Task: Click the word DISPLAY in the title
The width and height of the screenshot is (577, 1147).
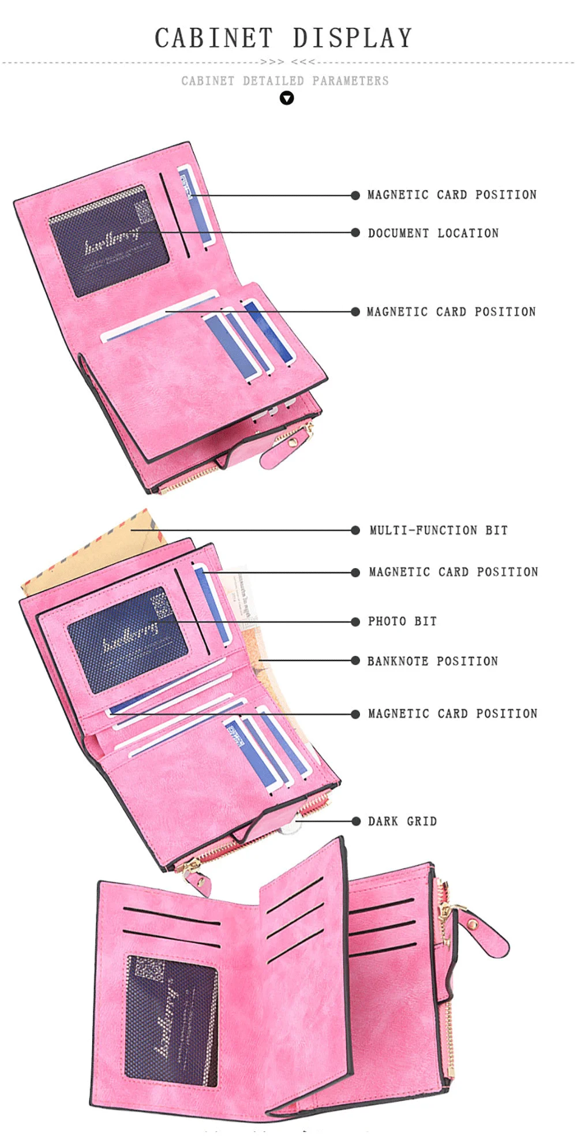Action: pos(352,38)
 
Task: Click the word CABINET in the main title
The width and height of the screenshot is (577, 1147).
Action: pos(213,38)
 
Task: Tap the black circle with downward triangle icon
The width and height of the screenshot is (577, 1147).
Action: pos(287,98)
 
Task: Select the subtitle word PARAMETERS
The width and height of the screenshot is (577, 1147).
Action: pos(350,81)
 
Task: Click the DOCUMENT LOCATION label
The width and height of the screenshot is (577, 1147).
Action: pos(433,233)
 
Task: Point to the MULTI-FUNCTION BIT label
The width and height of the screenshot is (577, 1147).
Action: pos(439,530)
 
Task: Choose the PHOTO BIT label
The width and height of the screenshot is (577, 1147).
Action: pos(402,622)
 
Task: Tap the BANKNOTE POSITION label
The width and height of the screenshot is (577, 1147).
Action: pos(432,662)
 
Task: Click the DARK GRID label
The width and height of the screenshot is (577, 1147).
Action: pos(402,821)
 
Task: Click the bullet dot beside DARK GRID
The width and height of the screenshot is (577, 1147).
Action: pos(355,821)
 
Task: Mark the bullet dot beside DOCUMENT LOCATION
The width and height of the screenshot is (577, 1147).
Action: pos(355,233)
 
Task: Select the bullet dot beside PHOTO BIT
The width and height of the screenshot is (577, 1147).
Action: pos(355,622)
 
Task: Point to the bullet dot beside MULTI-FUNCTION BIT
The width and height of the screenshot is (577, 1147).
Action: pos(355,530)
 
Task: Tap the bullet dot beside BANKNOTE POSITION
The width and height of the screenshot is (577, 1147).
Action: pos(355,661)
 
